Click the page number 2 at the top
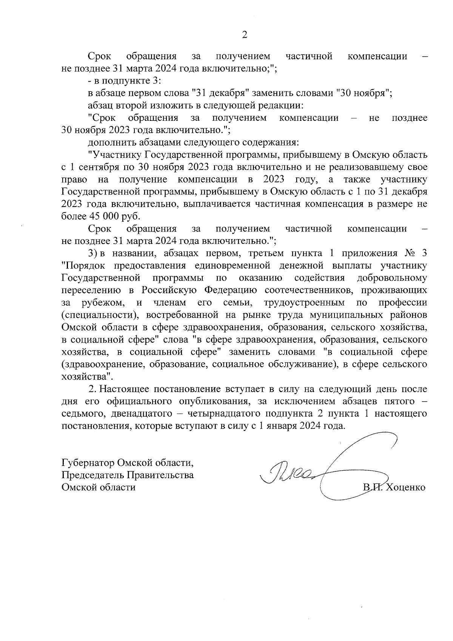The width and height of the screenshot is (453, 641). click(244, 35)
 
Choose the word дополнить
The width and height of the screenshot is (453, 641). click(110, 142)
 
